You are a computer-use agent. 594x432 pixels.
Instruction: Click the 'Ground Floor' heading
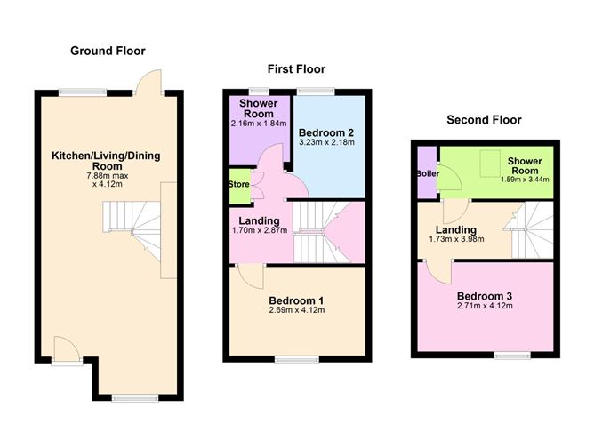[x=108, y=51]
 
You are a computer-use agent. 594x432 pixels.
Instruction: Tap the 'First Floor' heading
[x=296, y=68]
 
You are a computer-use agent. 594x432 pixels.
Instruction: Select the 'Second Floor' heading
[x=484, y=119]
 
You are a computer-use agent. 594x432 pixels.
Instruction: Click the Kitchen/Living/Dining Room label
[x=99, y=161]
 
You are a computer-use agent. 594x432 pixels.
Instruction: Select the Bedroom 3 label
[x=485, y=296]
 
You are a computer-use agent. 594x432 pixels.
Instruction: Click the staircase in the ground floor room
[x=131, y=229]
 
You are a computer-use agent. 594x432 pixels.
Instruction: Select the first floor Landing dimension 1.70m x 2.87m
[x=259, y=231]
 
